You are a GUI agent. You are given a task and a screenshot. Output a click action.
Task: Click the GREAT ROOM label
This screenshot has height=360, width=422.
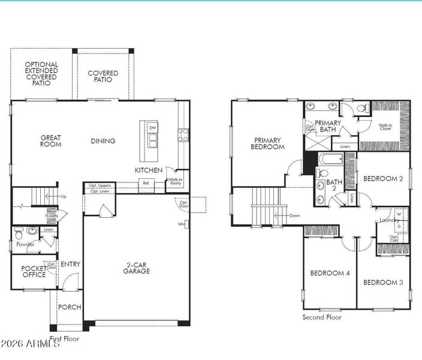[x=51, y=141]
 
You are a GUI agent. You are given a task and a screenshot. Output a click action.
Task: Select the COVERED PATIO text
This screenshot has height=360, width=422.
[x=103, y=77]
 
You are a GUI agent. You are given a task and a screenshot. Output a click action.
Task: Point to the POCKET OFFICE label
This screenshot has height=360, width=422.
[x=34, y=272]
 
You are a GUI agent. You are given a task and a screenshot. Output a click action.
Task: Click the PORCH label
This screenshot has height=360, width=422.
[x=70, y=307]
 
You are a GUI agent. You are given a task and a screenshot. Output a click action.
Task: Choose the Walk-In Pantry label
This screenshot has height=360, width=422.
[x=175, y=182]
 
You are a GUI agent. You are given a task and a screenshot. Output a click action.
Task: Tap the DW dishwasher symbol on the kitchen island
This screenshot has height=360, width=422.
[x=153, y=128]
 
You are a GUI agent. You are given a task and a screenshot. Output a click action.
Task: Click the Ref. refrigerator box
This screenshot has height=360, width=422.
[x=146, y=184]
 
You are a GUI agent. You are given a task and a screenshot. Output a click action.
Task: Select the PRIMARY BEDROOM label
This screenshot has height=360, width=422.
[x=267, y=143]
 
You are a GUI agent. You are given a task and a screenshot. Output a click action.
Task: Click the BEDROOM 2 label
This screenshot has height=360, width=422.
[x=382, y=178]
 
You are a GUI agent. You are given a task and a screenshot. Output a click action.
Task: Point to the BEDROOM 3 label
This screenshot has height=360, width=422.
[x=383, y=282]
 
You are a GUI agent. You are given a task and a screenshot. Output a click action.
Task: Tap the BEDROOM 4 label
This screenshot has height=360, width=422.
[x=330, y=274]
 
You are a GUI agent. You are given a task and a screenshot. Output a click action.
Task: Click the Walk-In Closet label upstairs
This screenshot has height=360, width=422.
[x=385, y=128]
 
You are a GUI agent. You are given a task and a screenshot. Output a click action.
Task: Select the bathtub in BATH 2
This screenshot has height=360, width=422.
[x=330, y=160]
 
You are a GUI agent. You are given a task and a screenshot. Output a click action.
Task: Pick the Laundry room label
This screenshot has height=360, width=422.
[x=389, y=220]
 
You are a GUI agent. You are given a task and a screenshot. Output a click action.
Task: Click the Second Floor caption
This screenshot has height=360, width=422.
[x=322, y=317]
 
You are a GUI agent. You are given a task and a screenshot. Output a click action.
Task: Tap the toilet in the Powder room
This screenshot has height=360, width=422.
[x=19, y=232]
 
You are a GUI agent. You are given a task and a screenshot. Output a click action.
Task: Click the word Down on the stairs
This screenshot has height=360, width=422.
[x=294, y=215]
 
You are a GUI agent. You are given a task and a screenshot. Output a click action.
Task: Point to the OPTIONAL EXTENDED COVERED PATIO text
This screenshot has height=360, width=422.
[x=41, y=73]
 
